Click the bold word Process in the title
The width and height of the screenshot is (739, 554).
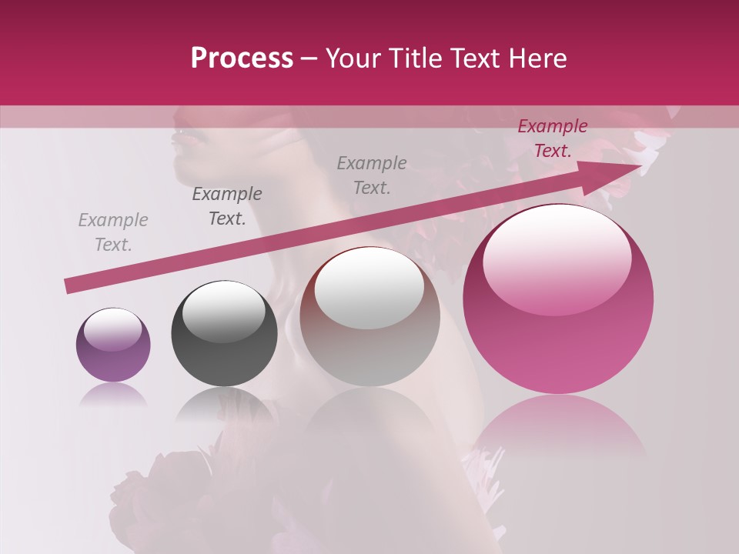pos(242,58)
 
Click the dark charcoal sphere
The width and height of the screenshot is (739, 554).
pos(224,346)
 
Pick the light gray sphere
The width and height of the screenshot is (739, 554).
pos(369,331)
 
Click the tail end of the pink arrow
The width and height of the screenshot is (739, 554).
pos(69,286)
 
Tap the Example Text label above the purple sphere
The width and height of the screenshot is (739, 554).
pos(113,232)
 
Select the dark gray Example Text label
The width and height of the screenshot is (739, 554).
pos(227,206)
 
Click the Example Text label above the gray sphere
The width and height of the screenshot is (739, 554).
pos(372,175)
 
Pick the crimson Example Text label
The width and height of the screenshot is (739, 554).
pos(553,138)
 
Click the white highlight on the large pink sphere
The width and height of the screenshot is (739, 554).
pos(557,258)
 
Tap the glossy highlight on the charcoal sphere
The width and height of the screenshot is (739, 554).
pos(223,312)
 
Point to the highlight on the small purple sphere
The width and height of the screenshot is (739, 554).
pos(112,329)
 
